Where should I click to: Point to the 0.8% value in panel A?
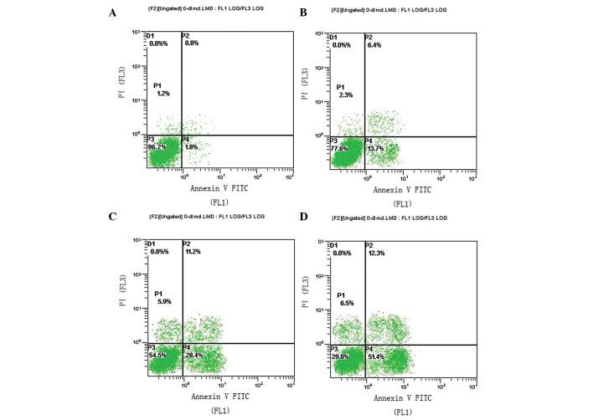(193, 44)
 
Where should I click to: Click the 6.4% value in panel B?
(374, 45)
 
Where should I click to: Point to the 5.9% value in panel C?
(162, 301)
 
